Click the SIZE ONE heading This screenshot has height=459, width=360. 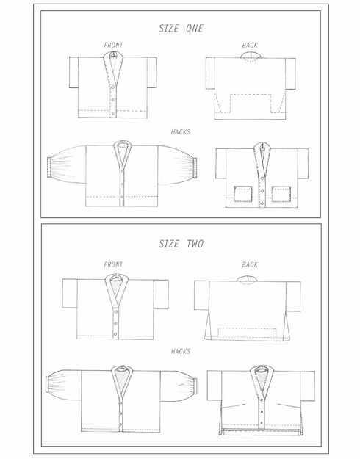pyautogui.click(x=181, y=29)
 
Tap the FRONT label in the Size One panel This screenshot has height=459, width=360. pyautogui.click(x=113, y=46)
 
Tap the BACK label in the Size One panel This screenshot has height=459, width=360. pyautogui.click(x=250, y=46)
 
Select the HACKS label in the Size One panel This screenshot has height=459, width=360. pyautogui.click(x=180, y=131)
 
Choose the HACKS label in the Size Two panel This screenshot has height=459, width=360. pyautogui.click(x=180, y=351)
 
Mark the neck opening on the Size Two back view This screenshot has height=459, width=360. pyautogui.click(x=251, y=279)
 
